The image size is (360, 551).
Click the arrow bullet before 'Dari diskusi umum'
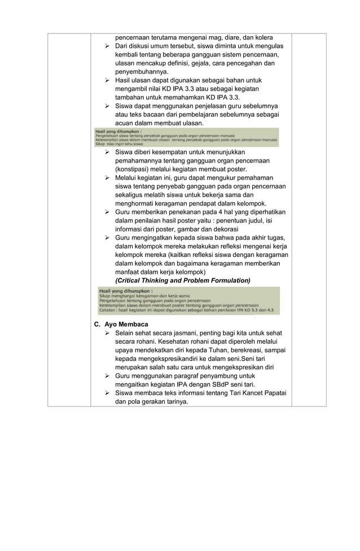click(107, 46)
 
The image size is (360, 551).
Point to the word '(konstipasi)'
click(133, 169)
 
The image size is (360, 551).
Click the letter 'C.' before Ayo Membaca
click(97, 325)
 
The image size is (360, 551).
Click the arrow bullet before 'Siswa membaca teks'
click(107, 393)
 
